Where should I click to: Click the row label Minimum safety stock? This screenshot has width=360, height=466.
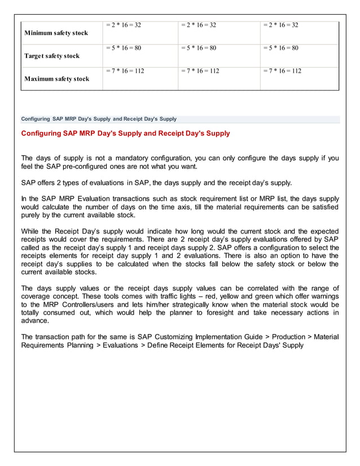[x=56, y=33]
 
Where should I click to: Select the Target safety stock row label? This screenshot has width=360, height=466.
[x=52, y=56]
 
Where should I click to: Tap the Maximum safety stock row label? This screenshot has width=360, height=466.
[x=56, y=79]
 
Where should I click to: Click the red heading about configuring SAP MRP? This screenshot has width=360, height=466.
[x=125, y=134]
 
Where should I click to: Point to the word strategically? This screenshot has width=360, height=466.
[x=182, y=305]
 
